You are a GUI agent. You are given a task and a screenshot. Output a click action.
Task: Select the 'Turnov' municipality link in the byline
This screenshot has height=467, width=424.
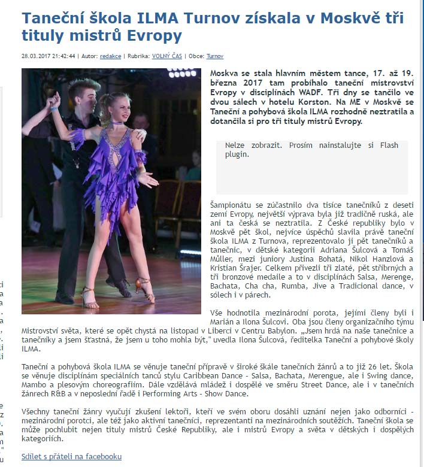[x=215, y=56]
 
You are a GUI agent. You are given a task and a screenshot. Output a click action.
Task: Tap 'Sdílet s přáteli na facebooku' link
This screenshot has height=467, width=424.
[x=71, y=456]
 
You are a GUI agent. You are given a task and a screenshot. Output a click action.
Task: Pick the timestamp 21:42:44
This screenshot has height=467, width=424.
[x=63, y=56]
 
